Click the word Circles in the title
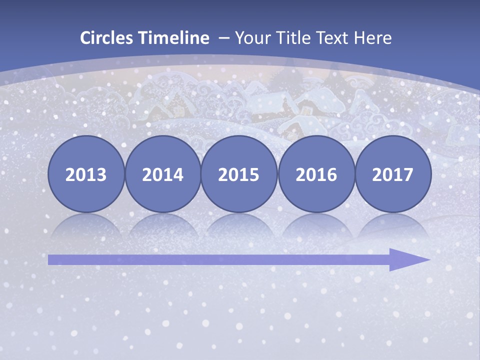107,38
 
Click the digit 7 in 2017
408,175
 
